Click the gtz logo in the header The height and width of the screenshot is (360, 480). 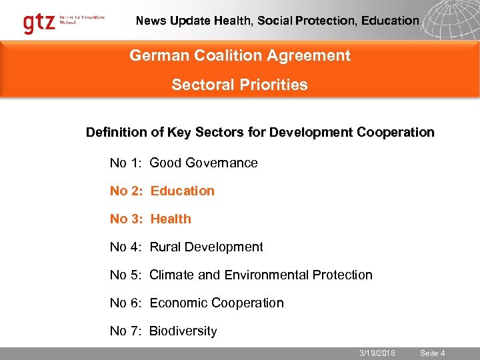tap(39, 23)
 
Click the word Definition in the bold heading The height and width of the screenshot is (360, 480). tap(117, 132)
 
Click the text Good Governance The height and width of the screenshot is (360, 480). tap(203, 163)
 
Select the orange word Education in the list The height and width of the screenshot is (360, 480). tap(182, 191)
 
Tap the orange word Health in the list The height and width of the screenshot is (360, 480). tap(171, 219)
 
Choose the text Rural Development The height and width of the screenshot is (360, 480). tap(206, 247)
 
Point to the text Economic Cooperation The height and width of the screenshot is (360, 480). tap(217, 303)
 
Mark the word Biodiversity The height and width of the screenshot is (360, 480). tap(183, 331)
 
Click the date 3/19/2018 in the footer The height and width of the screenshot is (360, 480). tap(377, 353)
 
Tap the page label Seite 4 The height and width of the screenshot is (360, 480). tap(432, 353)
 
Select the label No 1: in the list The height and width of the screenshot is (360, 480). tap(127, 163)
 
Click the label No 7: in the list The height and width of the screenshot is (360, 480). tap(127, 331)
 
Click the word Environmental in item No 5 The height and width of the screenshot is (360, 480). tap(276, 275)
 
